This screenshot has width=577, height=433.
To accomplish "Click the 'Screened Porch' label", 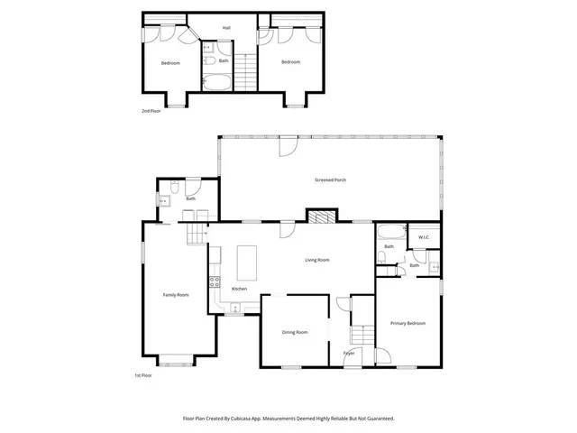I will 330,180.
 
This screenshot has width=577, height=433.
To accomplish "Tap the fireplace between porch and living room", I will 319,216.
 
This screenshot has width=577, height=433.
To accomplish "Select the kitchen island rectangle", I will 245,263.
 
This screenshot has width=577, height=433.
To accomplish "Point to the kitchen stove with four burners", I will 215,281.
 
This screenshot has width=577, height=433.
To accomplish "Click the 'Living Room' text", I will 316,260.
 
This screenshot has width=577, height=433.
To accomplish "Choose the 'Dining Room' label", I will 295,333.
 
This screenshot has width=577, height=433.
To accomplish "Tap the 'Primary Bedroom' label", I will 408,323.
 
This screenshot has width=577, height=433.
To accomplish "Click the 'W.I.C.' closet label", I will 423,238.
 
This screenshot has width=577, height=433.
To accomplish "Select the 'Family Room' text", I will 175,295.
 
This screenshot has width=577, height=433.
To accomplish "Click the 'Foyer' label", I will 348,353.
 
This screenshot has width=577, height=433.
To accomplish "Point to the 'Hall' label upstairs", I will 227,28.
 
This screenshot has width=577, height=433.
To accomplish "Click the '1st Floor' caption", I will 143,375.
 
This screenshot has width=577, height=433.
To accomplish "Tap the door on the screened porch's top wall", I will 287,145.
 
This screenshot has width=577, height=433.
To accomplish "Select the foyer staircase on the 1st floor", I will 361,335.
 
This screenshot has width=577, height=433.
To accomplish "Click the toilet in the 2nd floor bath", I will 207,61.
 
